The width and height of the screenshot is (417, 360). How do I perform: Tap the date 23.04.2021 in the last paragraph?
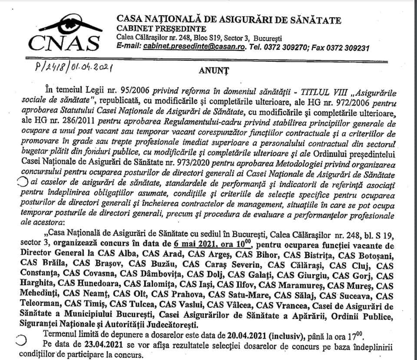(x=83, y=345)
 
